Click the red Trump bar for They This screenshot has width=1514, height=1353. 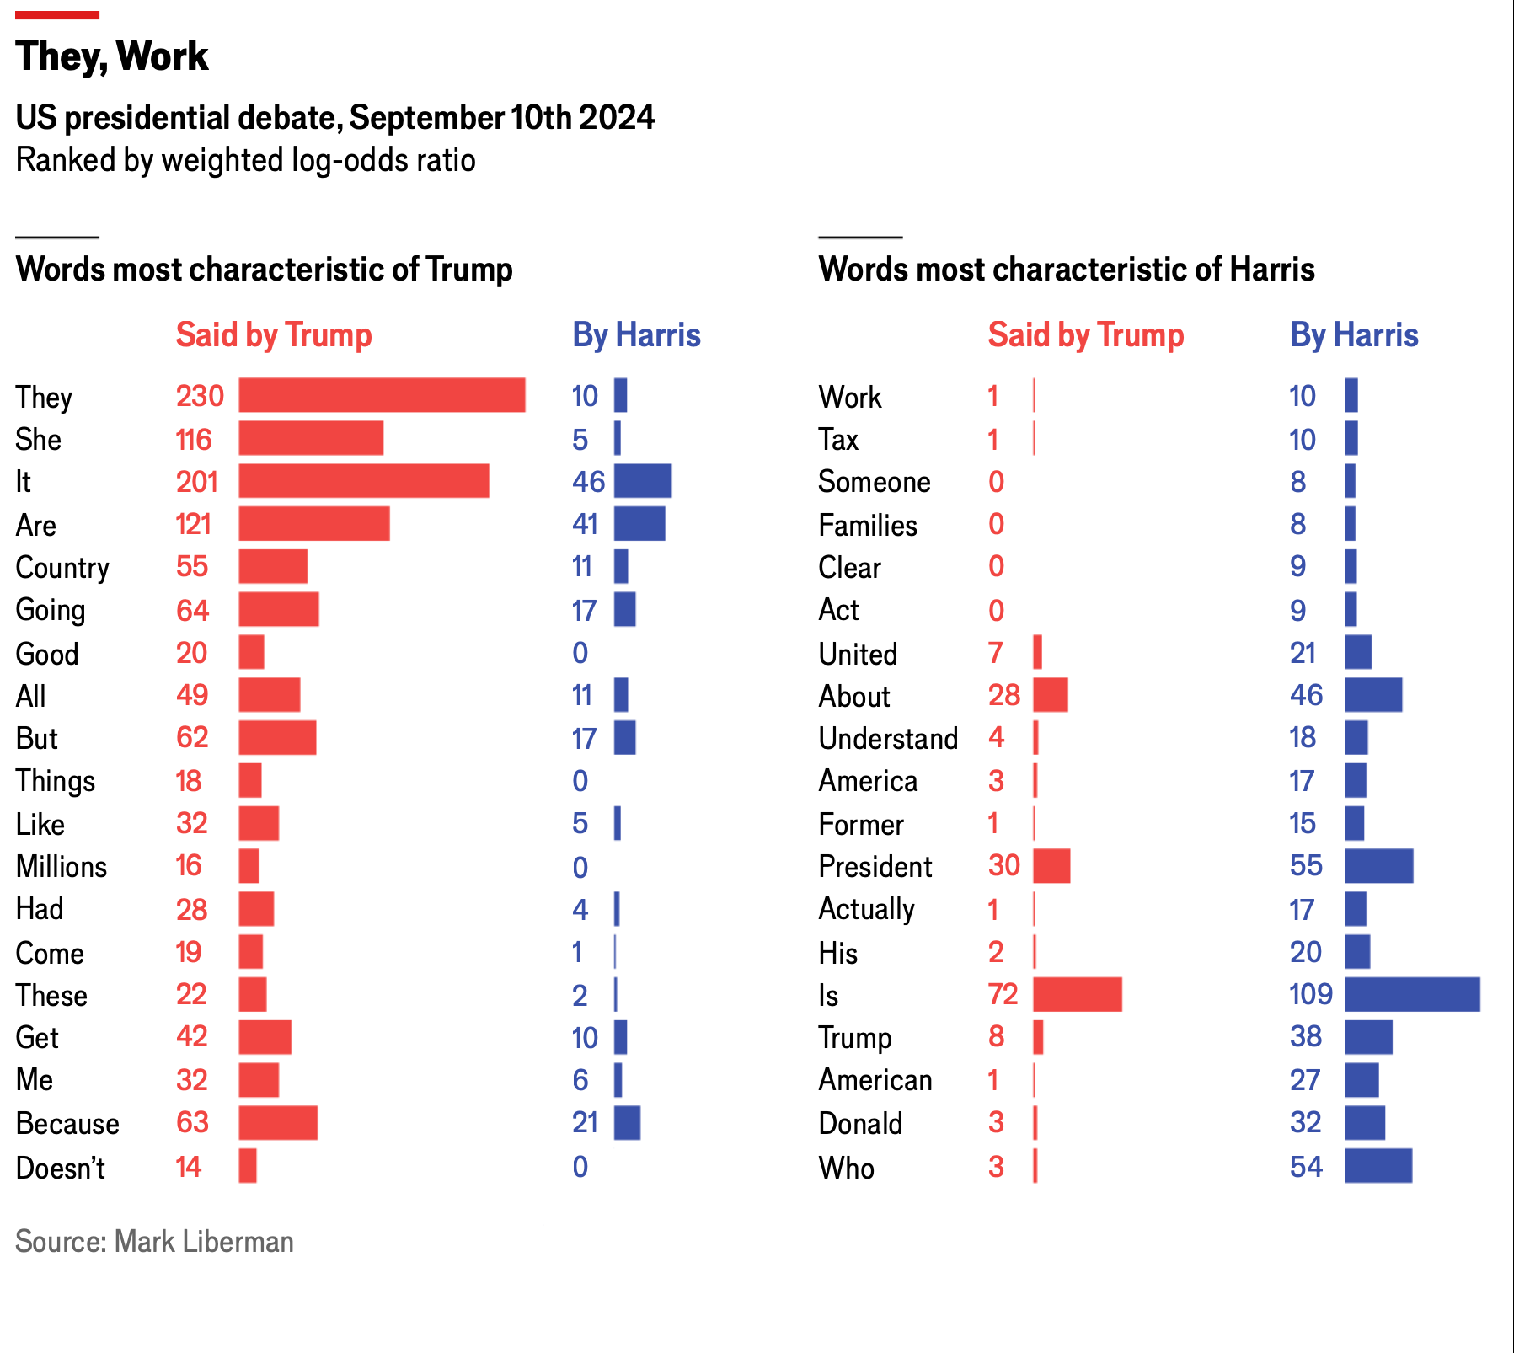pos(382,395)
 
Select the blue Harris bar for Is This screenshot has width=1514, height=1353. pos(1412,994)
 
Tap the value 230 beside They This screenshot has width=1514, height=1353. pos(200,396)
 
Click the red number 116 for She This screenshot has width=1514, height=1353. pos(194,440)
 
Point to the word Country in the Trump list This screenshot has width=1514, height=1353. pos(62,568)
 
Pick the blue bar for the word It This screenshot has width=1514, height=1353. pos(643,481)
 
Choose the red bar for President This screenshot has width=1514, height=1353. pos(1051,866)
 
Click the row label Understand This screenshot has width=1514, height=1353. pos(888,739)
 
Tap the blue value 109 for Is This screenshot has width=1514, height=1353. pos(1311,994)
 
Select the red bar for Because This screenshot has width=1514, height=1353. pos(278,1123)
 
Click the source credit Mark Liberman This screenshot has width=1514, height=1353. pos(154,1242)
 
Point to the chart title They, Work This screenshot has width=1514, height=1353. pos(112,56)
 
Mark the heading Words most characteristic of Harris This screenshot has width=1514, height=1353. pos(1066,270)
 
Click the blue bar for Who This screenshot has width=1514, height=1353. pos(1378,1166)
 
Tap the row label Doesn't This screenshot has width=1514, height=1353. pos(61,1168)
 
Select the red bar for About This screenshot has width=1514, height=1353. pos(1051,695)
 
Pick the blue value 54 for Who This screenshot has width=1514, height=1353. pos(1306,1167)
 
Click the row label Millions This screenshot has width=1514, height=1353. pos(62,867)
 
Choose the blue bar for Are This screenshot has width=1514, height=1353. pos(639,524)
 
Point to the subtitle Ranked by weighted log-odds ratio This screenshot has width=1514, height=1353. pos(246,160)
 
